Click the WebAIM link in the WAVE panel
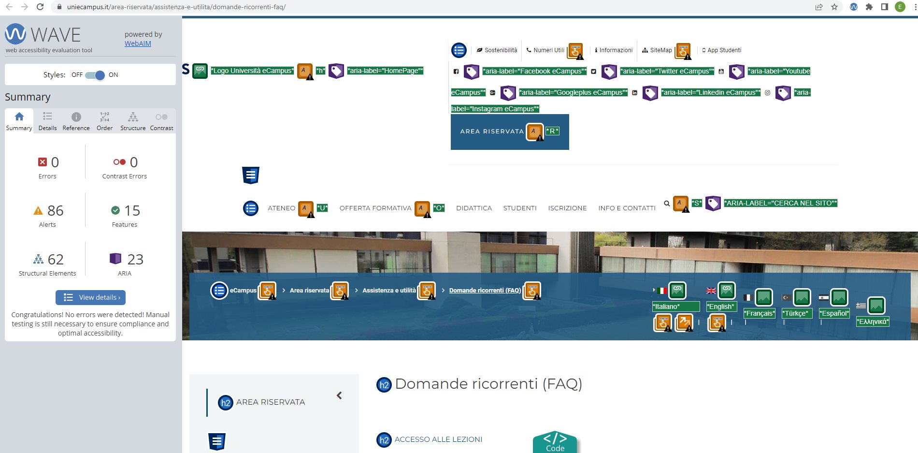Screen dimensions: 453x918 coord(138,44)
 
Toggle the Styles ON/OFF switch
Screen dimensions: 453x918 coord(95,75)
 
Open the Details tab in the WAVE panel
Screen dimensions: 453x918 coord(47,121)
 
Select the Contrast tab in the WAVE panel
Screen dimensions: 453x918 coord(161,121)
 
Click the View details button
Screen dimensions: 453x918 coord(90,297)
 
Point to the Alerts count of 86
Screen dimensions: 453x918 coord(55,211)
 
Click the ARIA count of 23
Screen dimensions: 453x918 coord(135,260)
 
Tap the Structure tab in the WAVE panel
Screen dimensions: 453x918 coord(133,121)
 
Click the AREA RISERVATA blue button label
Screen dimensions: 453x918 coord(491,132)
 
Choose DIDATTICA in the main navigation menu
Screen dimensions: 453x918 coord(473,208)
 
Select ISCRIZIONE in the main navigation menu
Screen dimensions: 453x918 coord(567,208)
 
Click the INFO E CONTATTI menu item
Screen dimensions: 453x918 coord(627,208)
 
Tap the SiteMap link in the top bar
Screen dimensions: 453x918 coord(660,50)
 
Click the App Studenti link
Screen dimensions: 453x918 coord(724,50)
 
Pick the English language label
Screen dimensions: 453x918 coord(721,307)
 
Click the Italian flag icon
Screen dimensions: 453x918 coord(661,291)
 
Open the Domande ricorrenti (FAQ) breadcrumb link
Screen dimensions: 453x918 coord(485,291)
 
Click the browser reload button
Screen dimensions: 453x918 coord(40,7)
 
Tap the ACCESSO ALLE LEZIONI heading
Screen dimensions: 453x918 coord(438,439)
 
